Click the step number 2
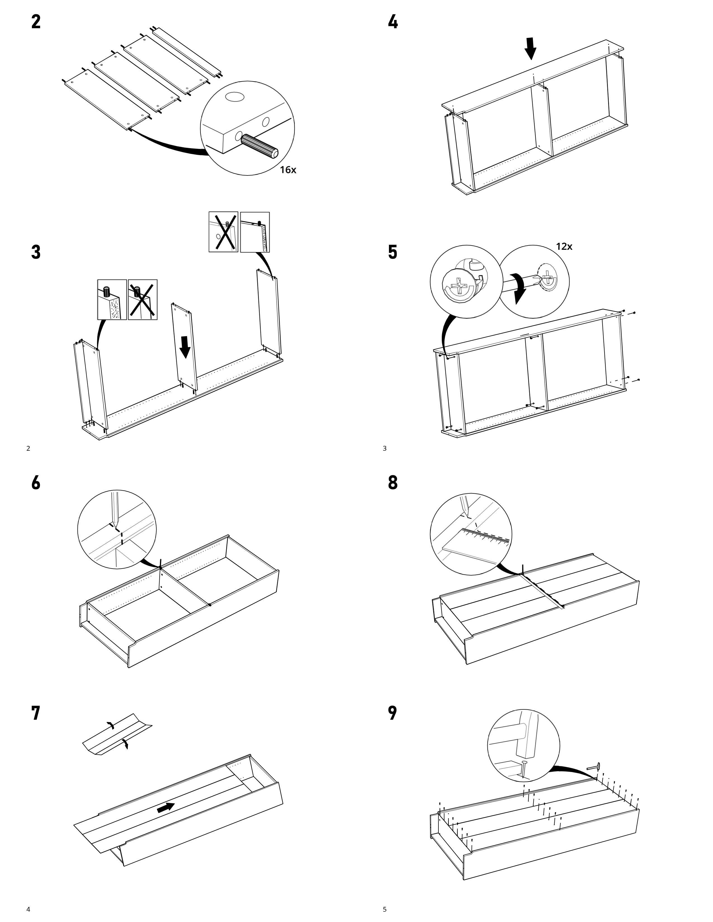click(x=36, y=22)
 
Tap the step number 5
click(x=392, y=252)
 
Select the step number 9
click(x=392, y=713)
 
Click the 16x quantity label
click(x=288, y=170)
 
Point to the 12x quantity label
click(x=564, y=246)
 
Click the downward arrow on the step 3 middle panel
click(x=185, y=346)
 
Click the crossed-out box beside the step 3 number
click(x=143, y=299)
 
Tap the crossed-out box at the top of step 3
click(x=223, y=232)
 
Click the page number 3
click(x=384, y=448)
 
